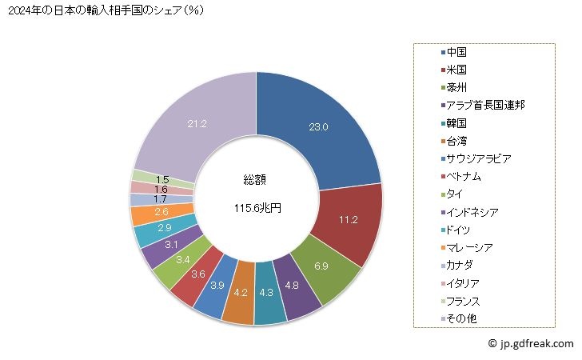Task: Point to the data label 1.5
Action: (161, 179)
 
